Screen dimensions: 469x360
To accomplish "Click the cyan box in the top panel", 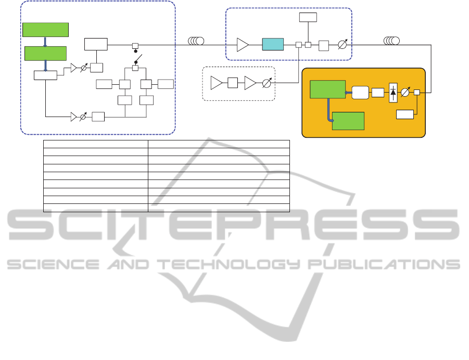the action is [273, 44].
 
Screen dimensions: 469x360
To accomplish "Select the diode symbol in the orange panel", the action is [393, 93].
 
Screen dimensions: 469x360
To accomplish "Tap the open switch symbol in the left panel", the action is [137, 58].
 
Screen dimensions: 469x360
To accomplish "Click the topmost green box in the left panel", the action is [45, 30].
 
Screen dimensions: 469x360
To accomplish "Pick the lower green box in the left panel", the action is [46, 53].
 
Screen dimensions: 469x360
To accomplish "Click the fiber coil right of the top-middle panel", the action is [391, 41].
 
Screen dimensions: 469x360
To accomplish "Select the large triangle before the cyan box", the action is [243, 45].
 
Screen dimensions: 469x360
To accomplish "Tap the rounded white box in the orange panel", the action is [360, 93].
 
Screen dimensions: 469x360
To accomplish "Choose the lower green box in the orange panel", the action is [348, 120].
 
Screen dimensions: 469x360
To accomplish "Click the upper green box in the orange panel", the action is [327, 89].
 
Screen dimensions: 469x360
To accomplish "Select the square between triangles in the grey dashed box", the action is [233, 82].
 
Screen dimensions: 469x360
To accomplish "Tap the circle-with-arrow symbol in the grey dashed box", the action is [266, 83].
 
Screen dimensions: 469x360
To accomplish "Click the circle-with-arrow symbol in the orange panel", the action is [405, 93].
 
